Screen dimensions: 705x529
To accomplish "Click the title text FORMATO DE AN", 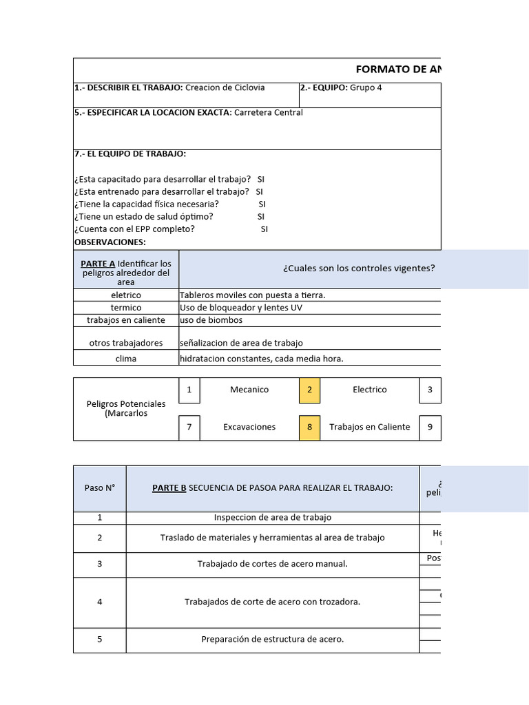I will (x=397, y=69).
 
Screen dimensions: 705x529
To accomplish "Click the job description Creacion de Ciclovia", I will (x=225, y=87).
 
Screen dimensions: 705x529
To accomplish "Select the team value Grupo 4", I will (x=366, y=87).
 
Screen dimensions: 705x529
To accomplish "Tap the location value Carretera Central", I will (x=268, y=112).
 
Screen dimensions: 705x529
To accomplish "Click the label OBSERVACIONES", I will (x=110, y=242).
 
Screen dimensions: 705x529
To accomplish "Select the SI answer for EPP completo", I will (x=264, y=229).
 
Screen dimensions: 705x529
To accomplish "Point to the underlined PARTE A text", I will (x=98, y=264).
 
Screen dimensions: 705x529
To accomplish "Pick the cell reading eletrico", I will (x=125, y=295).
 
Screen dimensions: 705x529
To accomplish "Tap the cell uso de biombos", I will (x=211, y=320).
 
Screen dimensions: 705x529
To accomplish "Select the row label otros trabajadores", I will (x=125, y=343).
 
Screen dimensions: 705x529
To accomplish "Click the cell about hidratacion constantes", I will (x=261, y=359).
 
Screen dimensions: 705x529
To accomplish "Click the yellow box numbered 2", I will (x=309, y=390).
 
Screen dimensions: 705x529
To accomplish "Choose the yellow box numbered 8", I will (x=309, y=427).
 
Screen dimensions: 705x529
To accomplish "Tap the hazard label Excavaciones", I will (x=249, y=427).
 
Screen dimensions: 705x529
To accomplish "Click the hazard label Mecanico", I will (x=249, y=390).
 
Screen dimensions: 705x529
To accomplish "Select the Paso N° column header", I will (x=100, y=488).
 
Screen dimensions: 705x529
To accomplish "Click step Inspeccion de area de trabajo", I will (x=272, y=518).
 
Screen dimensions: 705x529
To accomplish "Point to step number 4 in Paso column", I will (x=100, y=602).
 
